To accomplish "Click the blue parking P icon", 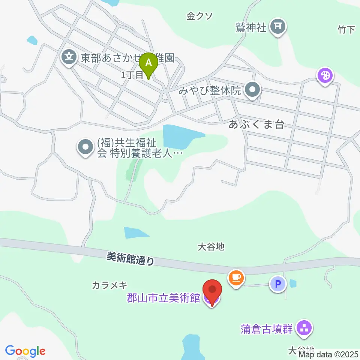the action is [x=278, y=283].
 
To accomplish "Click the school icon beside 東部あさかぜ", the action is [x=69, y=57].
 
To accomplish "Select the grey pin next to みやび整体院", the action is [x=253, y=91].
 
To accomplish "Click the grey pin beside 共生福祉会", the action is [x=85, y=147].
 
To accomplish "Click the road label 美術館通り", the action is [x=130, y=258].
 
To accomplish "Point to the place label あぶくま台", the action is [x=256, y=125].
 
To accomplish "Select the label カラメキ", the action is [x=109, y=286].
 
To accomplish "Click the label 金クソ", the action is [x=200, y=16].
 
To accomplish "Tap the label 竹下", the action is [x=346, y=30].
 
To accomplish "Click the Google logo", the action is [x=25, y=351].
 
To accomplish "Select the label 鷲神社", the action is [x=251, y=28].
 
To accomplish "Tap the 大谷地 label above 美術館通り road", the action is [x=211, y=246].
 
